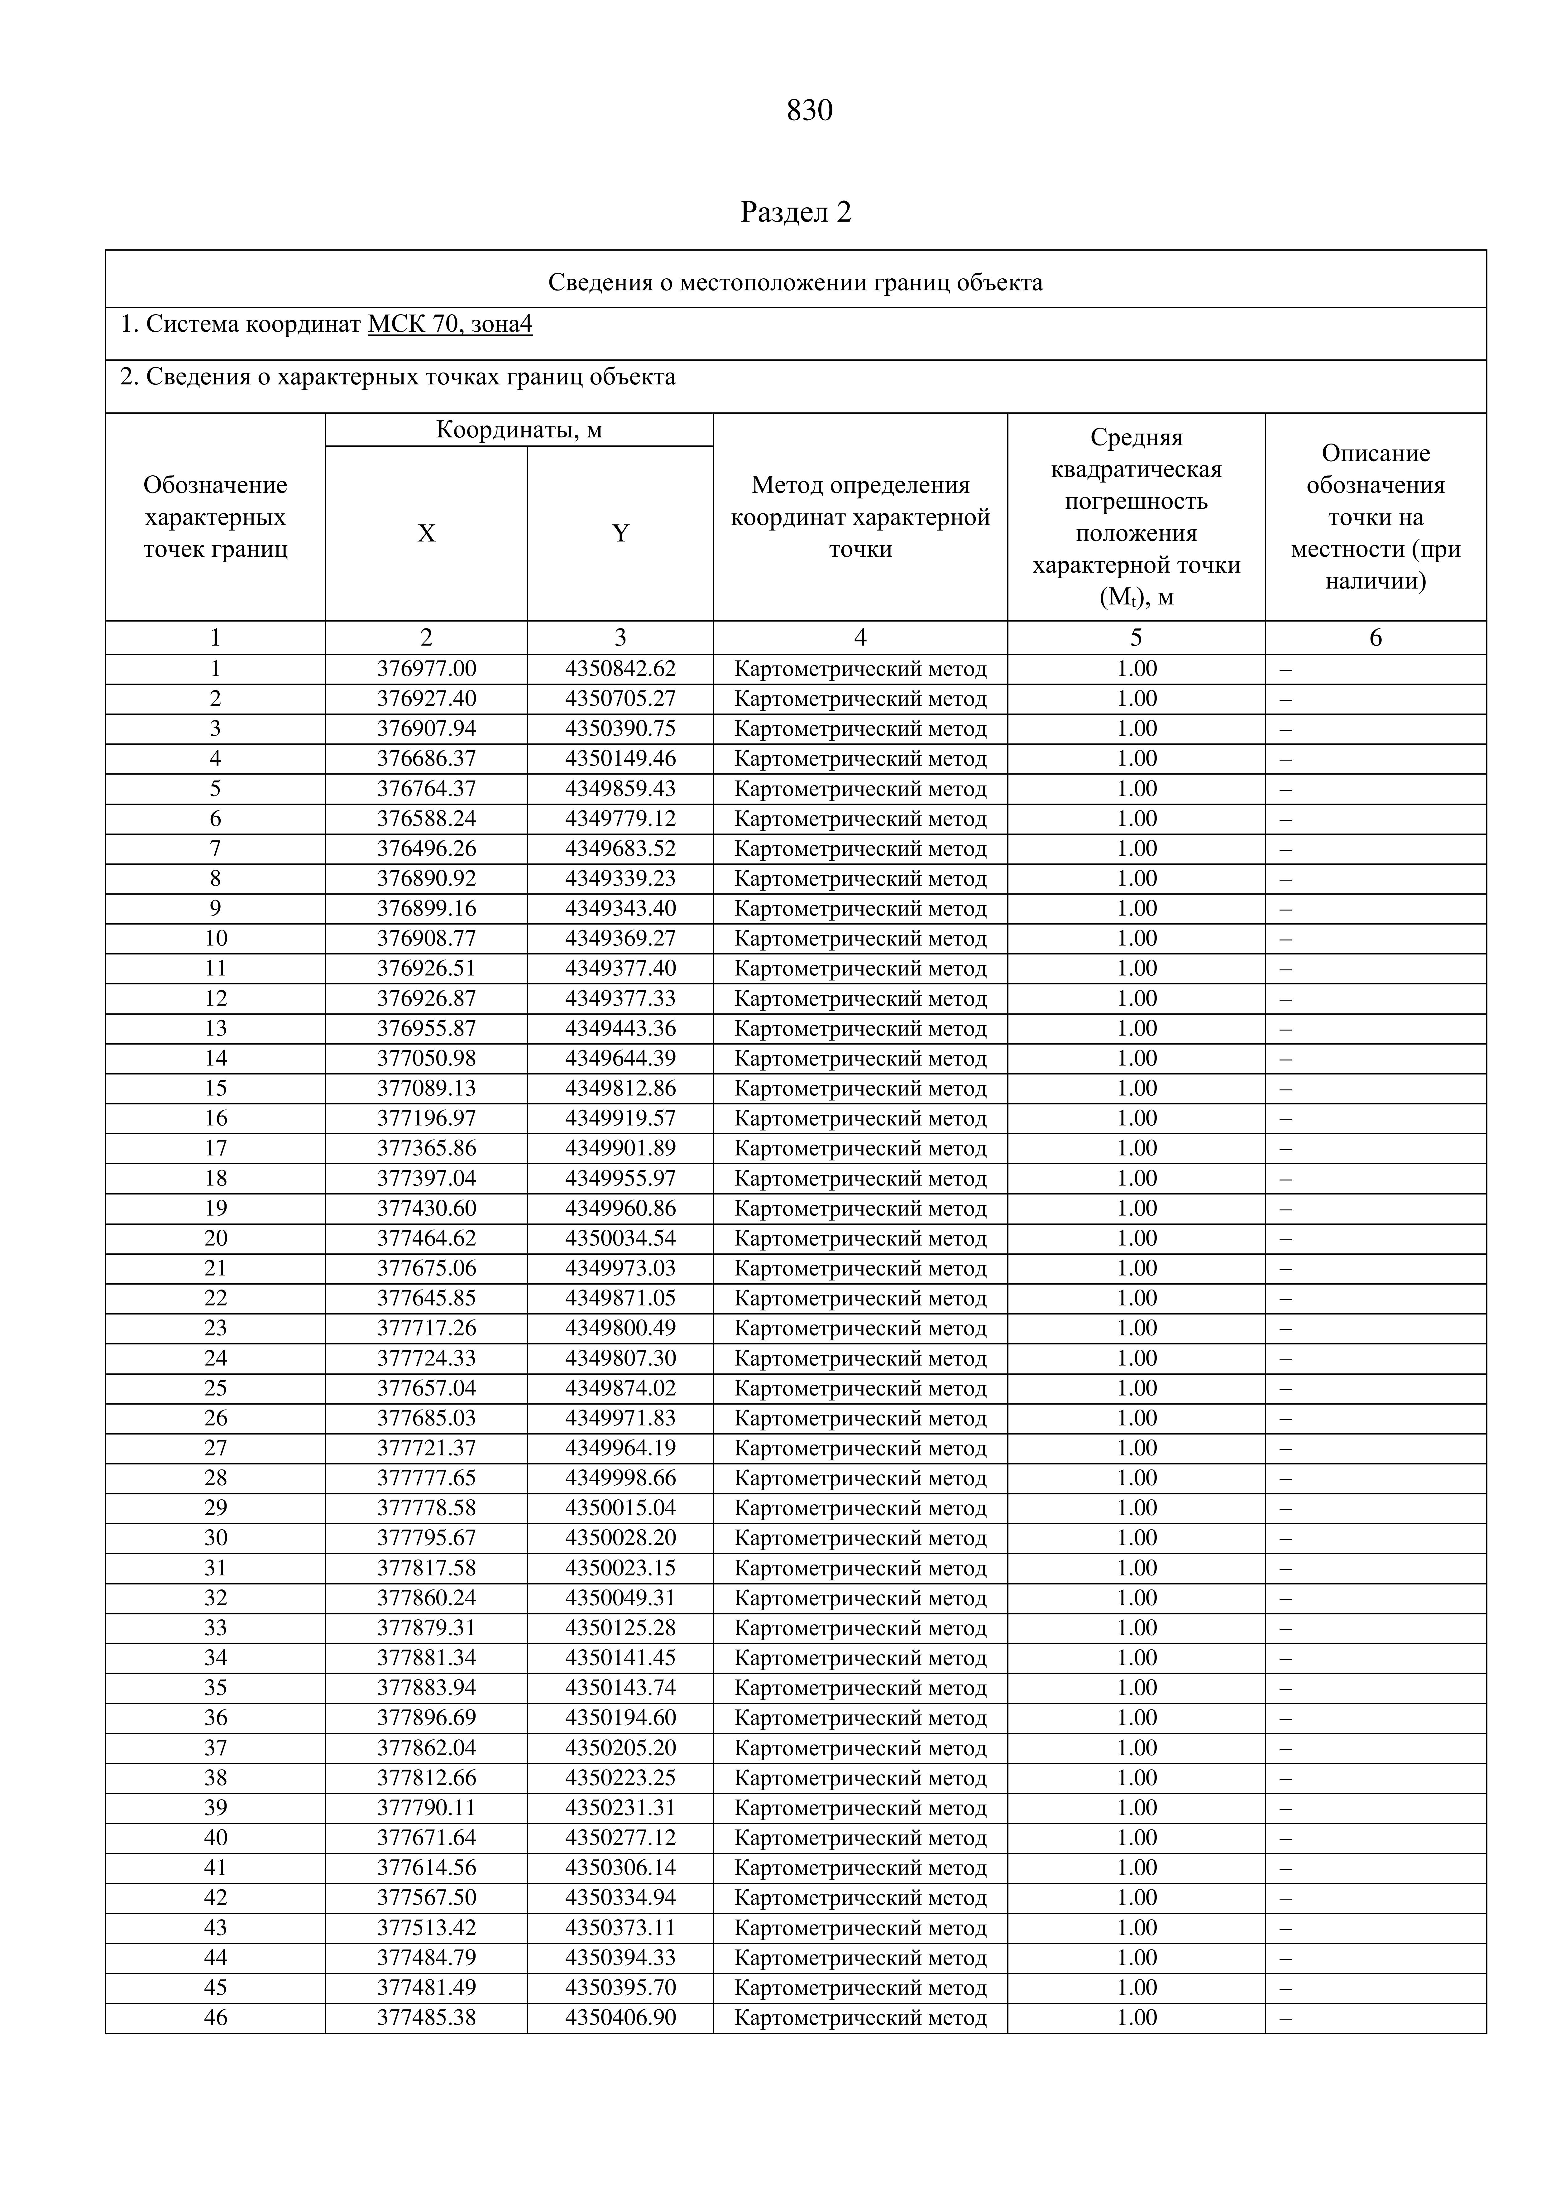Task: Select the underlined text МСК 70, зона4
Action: click(x=450, y=325)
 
